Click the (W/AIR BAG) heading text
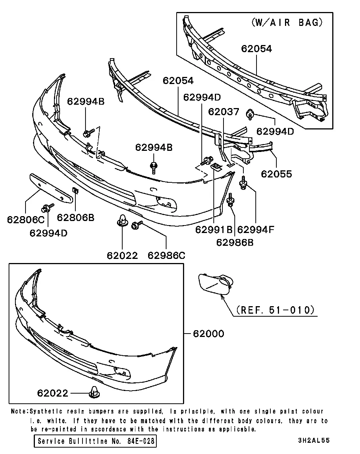click(287, 23)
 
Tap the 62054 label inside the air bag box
click(256, 49)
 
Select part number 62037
click(223, 112)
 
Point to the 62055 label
click(276, 174)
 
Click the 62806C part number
click(26, 220)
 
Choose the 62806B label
click(75, 218)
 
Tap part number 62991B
click(214, 230)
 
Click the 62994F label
click(256, 230)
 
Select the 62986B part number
click(235, 243)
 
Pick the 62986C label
click(166, 256)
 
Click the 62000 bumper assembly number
click(208, 334)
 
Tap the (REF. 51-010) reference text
click(275, 310)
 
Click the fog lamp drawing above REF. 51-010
click(216, 284)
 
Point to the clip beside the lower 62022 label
click(94, 392)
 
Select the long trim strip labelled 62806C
click(51, 188)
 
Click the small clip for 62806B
click(75, 191)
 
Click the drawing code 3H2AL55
click(314, 440)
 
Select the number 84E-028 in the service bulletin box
click(141, 441)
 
